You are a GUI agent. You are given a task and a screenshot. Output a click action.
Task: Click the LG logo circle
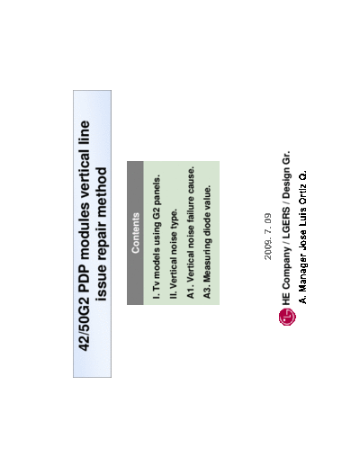pyautogui.click(x=287, y=317)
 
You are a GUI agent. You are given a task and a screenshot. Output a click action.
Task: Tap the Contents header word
pyautogui.click(x=136, y=233)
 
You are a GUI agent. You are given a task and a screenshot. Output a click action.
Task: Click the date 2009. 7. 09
pyautogui.click(x=268, y=237)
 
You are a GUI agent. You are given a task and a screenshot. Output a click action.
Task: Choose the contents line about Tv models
pyautogui.click(x=157, y=237)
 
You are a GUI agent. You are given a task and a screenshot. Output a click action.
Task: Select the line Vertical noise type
pyautogui.click(x=174, y=255)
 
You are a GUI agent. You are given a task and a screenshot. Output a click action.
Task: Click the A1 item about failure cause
pyautogui.click(x=191, y=233)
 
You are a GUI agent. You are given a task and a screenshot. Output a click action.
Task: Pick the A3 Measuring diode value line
pyautogui.click(x=207, y=242)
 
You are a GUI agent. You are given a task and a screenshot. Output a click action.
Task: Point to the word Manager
pyautogui.click(x=303, y=273)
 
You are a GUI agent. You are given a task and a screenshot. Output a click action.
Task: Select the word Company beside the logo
pyautogui.click(x=287, y=268)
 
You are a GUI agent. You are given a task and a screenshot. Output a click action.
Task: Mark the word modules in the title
pyautogui.click(x=85, y=231)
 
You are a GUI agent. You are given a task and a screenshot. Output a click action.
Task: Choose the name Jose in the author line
pyautogui.click(x=302, y=240)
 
